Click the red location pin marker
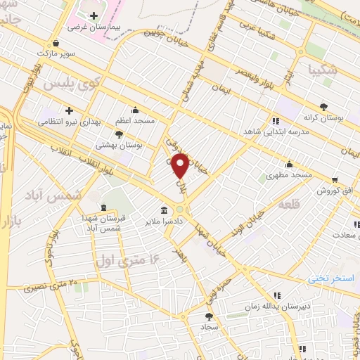(x=181, y=165)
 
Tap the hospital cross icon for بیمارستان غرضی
(x=94, y=15)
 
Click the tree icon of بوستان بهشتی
(x=119, y=133)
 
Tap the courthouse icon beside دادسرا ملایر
(x=163, y=210)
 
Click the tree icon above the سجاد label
(x=208, y=316)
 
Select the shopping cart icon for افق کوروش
(x=333, y=179)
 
